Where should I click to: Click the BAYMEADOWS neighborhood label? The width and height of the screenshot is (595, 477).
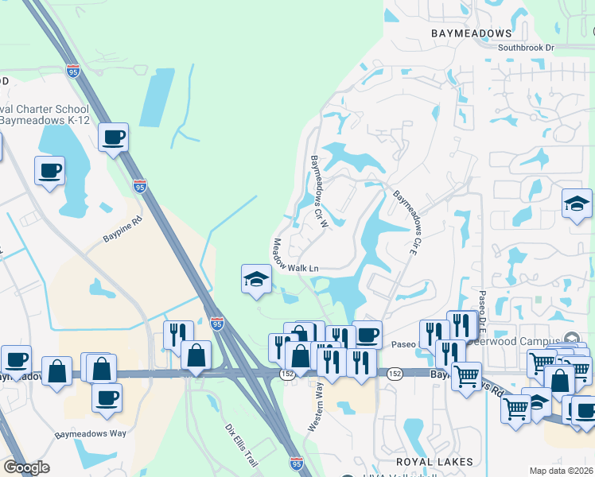(x=472, y=33)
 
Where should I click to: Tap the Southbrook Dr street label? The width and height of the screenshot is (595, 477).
(x=526, y=48)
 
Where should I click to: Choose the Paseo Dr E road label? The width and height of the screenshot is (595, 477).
(x=482, y=312)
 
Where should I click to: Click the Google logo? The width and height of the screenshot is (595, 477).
(x=26, y=467)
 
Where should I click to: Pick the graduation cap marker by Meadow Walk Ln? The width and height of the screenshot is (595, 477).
(x=256, y=279)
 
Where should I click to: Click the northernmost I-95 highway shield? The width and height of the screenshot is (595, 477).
(x=73, y=72)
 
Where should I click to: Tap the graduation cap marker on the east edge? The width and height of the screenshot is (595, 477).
(x=577, y=204)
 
